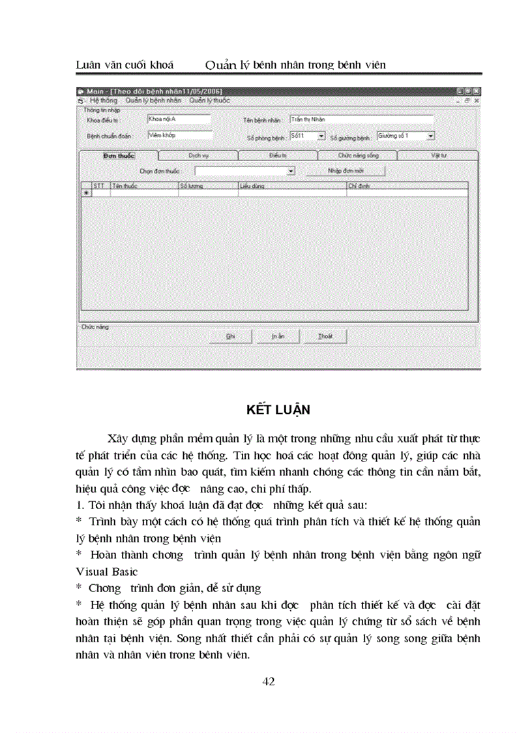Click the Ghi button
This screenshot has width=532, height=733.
230,336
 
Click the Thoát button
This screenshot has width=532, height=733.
325,336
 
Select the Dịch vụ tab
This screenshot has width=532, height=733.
198,156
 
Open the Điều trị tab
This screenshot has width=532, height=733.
278,156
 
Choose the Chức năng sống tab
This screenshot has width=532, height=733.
357,156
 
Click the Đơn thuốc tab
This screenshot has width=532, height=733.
118,156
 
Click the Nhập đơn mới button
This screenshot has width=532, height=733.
346,170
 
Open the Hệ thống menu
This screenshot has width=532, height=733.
103,101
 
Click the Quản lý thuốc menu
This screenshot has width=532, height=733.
209,101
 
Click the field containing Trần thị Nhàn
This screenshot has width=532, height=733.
361,119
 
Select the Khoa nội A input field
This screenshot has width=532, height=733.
179,119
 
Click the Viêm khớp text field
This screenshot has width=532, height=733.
179,135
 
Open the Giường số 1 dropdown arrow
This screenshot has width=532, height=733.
431,136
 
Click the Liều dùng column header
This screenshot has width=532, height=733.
291,186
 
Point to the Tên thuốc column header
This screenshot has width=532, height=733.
143,186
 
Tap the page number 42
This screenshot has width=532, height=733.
268,682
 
